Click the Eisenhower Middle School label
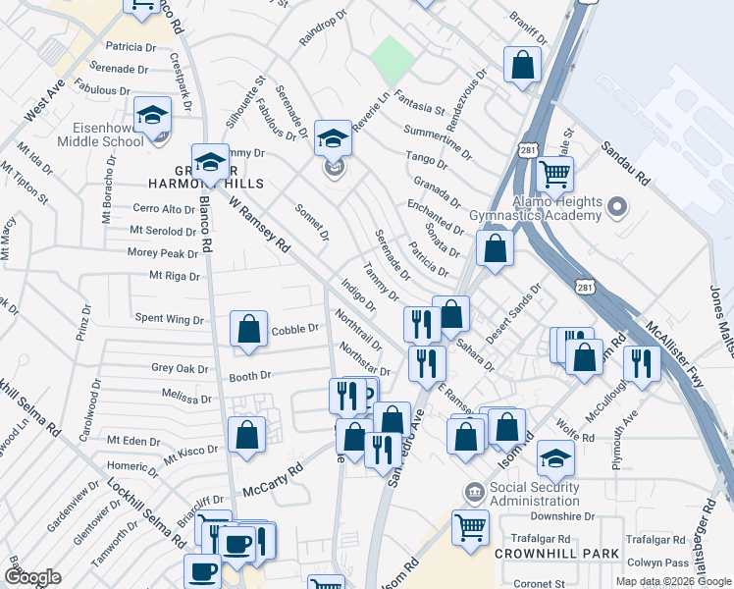coord(107,134)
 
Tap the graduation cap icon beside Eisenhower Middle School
coord(152,116)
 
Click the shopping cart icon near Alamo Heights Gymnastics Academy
coord(555,175)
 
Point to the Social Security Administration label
coord(534,494)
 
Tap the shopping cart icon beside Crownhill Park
coord(471,526)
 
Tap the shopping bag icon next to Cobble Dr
coord(249,330)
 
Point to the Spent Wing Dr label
coord(169,319)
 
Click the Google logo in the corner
coord(32,577)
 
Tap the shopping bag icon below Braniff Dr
coord(523,65)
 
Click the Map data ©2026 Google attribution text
coord(672,581)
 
